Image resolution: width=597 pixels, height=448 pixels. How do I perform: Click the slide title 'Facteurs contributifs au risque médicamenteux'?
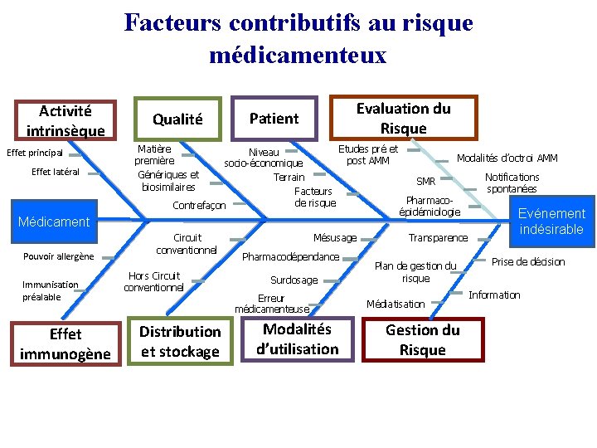pyautogui.click(x=298, y=38)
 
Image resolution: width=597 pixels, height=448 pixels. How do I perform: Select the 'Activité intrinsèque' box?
pyautogui.click(x=66, y=120)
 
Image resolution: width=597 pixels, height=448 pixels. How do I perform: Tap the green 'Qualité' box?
pyautogui.click(x=177, y=119)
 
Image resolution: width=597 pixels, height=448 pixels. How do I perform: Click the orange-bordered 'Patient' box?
pyautogui.click(x=274, y=119)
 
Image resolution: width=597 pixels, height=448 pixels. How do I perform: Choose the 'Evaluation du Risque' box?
pyautogui.click(x=403, y=118)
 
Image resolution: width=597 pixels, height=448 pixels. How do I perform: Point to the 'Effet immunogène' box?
pyautogui.click(x=66, y=344)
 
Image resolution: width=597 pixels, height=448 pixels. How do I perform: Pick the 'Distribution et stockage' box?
pyautogui.click(x=180, y=342)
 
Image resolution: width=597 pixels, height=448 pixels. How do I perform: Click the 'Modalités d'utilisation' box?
pyautogui.click(x=298, y=338)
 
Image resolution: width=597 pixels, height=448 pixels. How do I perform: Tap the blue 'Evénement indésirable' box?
pyautogui.click(x=551, y=222)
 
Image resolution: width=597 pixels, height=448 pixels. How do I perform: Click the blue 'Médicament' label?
pyautogui.click(x=54, y=222)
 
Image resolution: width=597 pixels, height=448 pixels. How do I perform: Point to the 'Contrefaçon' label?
pyautogui.click(x=199, y=205)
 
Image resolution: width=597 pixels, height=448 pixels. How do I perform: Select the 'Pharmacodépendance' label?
pyautogui.click(x=290, y=256)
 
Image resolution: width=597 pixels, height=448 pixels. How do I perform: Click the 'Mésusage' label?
pyautogui.click(x=335, y=238)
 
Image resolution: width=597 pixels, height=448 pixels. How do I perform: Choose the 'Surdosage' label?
pyautogui.click(x=294, y=280)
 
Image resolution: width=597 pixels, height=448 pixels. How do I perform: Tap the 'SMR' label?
pyautogui.click(x=425, y=182)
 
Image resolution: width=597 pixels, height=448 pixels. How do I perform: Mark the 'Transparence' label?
pyautogui.click(x=438, y=238)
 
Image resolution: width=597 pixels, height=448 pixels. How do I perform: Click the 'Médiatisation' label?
pyautogui.click(x=396, y=304)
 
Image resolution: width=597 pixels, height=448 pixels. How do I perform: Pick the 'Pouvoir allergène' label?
pyautogui.click(x=59, y=256)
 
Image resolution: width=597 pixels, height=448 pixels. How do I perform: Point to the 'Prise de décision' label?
pyautogui.click(x=528, y=262)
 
